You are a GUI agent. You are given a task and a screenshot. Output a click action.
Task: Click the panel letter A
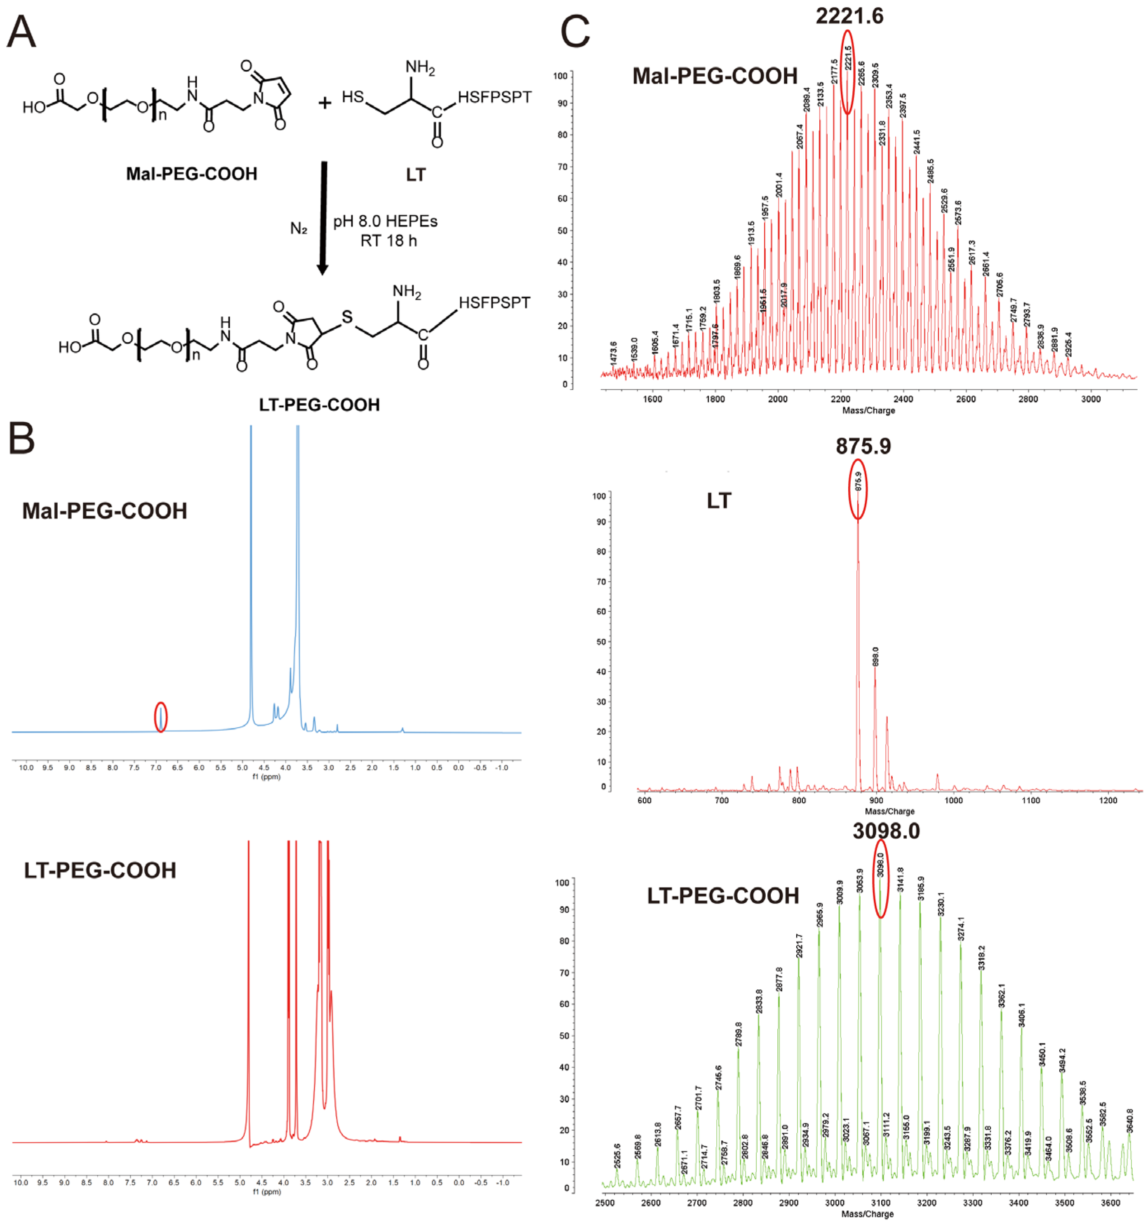21,32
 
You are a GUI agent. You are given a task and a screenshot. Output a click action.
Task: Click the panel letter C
575,32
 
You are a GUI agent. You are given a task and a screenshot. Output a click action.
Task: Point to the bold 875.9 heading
863,446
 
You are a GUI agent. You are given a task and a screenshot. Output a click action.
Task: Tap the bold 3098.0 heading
886,831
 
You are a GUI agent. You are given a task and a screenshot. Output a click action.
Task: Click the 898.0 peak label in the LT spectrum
875,656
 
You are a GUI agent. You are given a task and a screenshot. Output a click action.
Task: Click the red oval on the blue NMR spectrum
161,717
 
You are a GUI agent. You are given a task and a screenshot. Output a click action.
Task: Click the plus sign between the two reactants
325,102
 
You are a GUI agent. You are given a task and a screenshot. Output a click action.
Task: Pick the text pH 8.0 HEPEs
385,221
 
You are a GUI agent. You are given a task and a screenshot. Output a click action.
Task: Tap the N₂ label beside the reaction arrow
299,229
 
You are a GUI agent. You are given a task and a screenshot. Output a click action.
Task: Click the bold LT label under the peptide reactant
416,175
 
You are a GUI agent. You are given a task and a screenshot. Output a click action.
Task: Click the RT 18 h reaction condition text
388,241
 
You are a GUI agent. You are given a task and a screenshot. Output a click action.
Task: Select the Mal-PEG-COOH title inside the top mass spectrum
715,76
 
